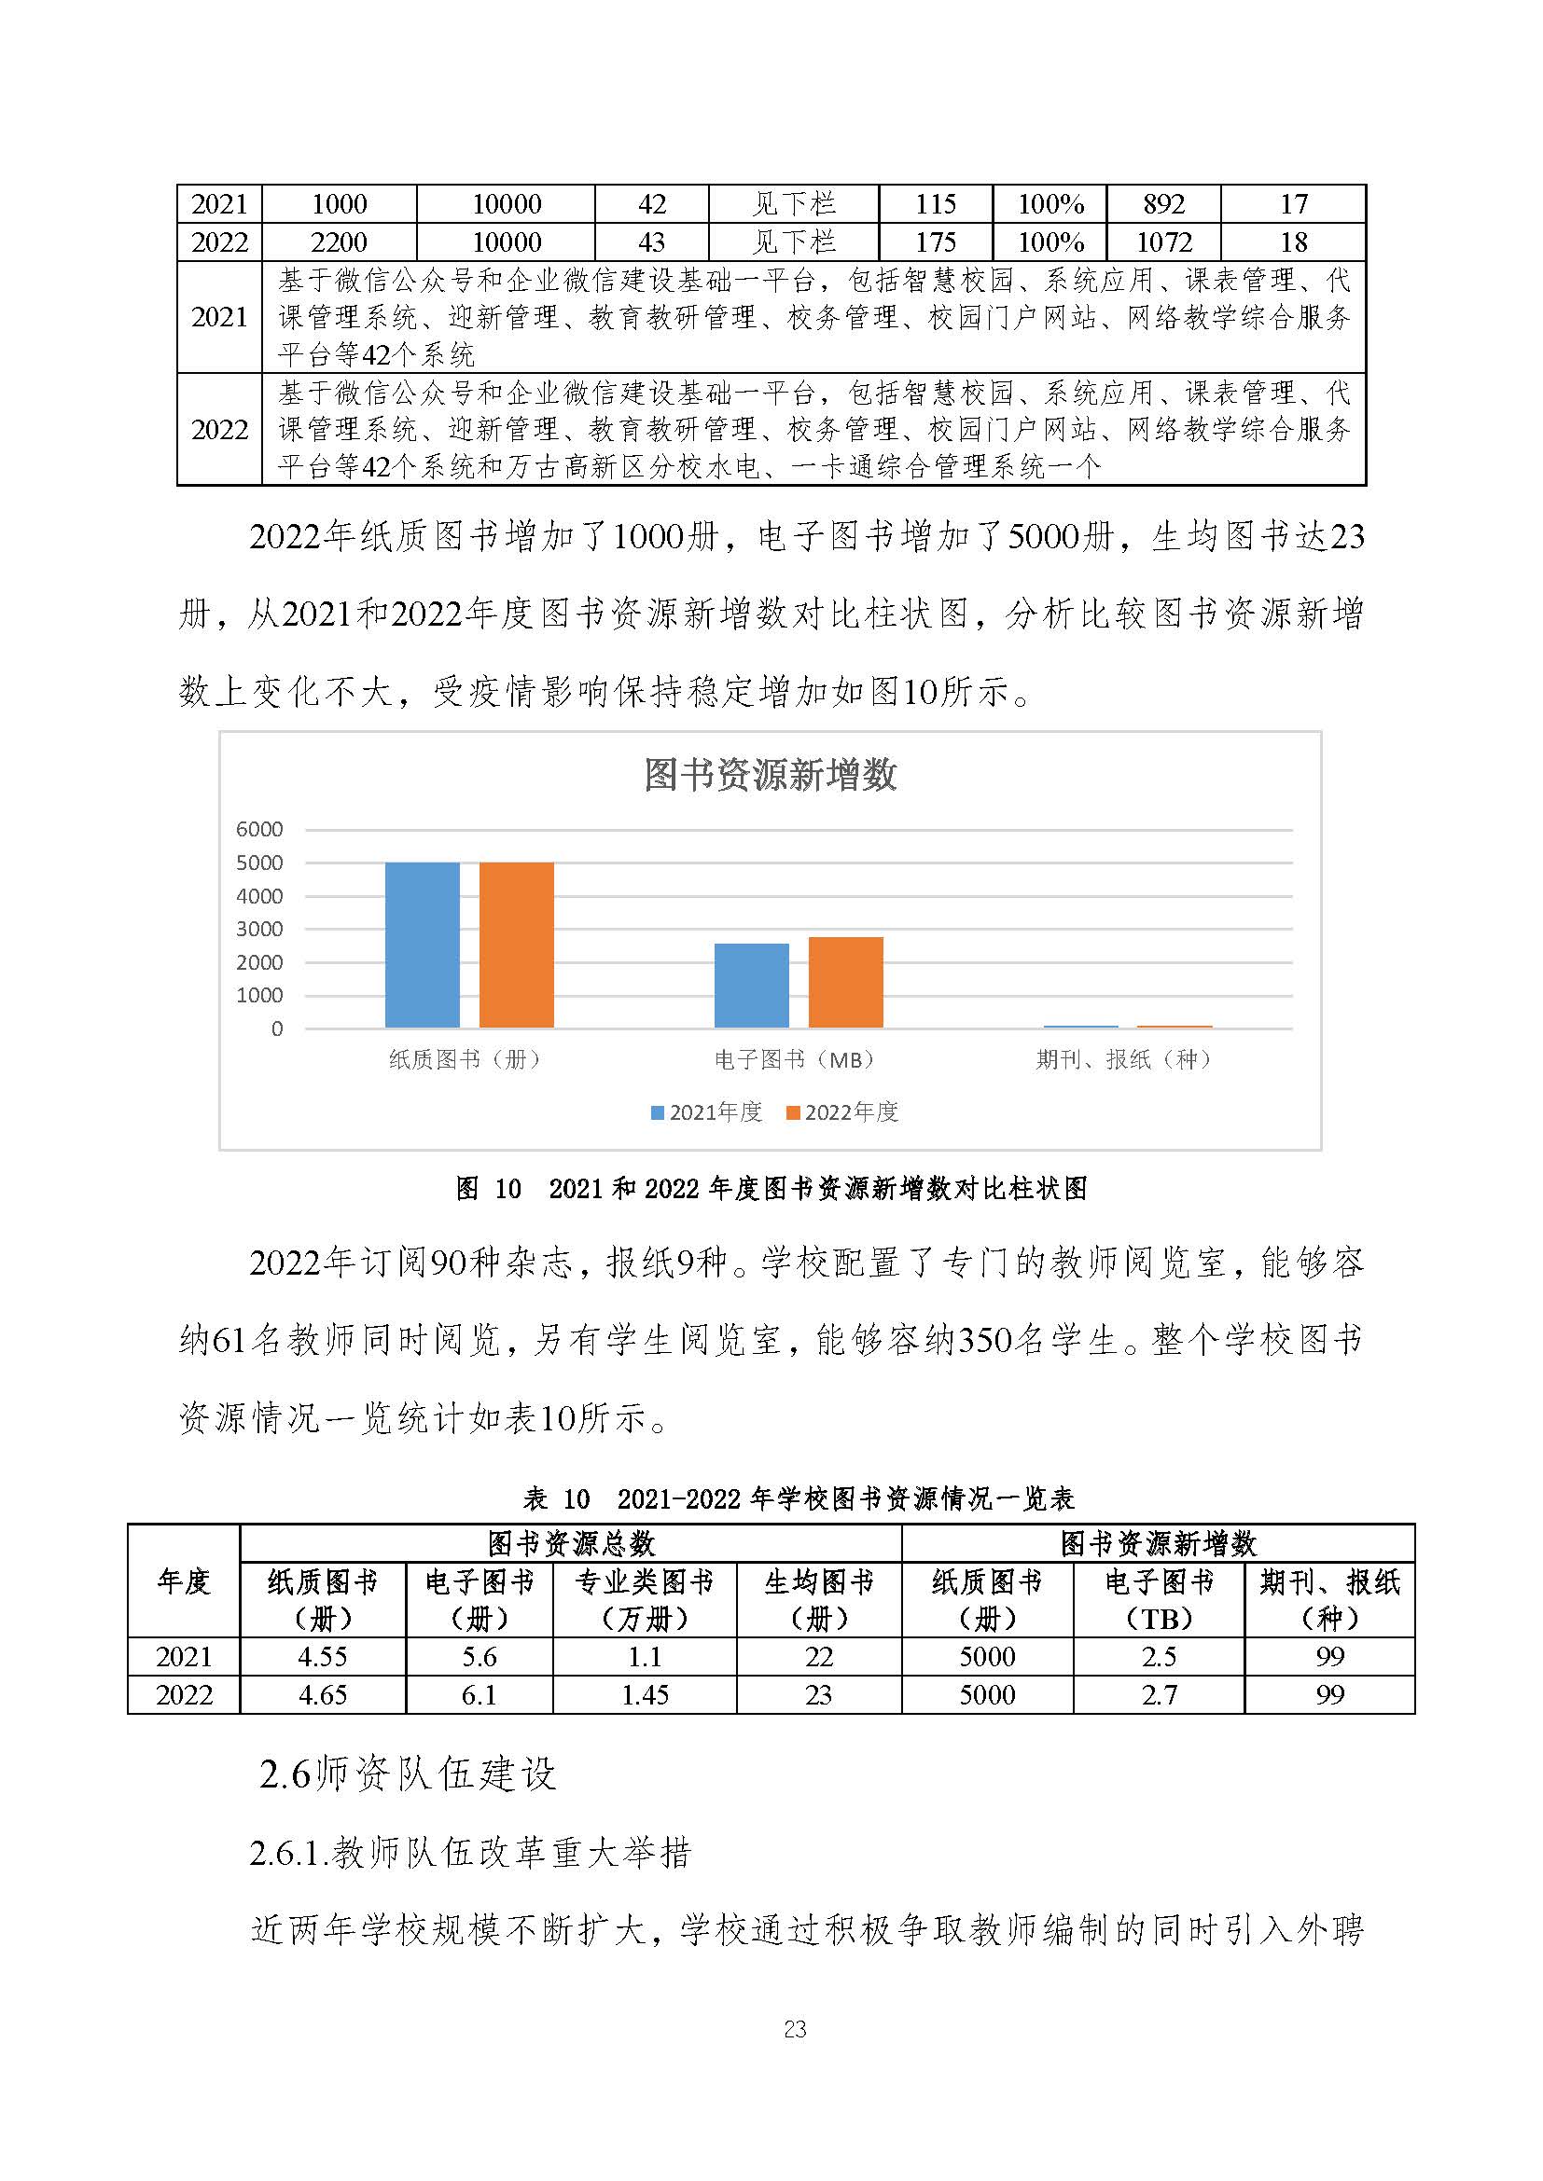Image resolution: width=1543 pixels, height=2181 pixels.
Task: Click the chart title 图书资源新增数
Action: pos(770,775)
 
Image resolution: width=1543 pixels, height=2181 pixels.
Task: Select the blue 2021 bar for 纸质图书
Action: pos(422,945)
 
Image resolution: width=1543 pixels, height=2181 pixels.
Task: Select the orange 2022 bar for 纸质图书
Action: pos(516,945)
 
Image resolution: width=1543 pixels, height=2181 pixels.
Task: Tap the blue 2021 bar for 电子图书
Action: pos(752,985)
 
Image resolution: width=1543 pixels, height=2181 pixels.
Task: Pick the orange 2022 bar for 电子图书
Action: pos(845,981)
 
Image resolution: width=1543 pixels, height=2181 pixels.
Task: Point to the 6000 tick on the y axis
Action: pos(259,829)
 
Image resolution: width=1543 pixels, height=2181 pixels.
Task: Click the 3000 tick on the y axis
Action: pos(259,929)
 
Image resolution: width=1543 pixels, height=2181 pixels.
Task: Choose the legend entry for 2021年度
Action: pos(707,1112)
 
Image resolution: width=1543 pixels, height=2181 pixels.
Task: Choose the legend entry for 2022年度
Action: pos(842,1112)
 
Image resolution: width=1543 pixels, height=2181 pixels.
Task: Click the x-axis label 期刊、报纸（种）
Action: pos(1124,1059)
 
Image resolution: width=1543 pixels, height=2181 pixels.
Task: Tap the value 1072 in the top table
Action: pos(1164,242)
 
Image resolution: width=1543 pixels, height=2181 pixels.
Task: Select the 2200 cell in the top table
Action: pos(340,242)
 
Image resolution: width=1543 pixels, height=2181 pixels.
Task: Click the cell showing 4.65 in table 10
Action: pos(322,1694)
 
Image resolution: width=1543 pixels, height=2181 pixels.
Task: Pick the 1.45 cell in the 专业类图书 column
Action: pos(646,1694)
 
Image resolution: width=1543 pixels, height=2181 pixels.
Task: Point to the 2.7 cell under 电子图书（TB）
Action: pos(1159,1694)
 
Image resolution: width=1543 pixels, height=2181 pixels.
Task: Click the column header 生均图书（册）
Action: pos(819,1600)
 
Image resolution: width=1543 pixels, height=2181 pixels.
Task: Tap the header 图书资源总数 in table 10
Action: pos(571,1543)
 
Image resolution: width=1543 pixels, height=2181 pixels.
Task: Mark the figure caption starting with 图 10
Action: pos(771,1188)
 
